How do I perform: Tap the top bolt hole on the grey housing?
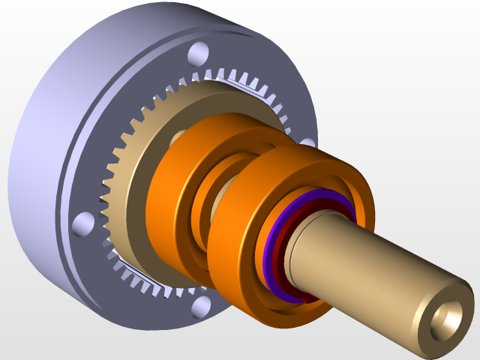click(198, 53)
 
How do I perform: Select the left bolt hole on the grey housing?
click(83, 223)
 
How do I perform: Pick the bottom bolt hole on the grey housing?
click(200, 307)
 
